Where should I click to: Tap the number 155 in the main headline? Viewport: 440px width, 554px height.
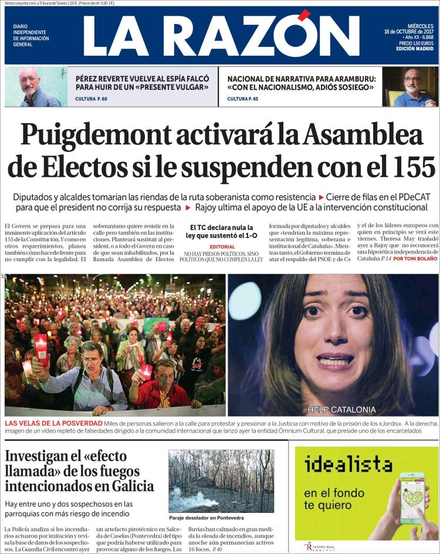[x=405, y=167]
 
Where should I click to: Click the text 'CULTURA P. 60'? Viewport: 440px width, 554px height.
[x=92, y=99]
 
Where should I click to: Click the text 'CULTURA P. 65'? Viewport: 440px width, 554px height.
[x=243, y=99]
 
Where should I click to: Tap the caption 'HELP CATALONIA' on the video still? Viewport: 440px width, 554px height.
[x=341, y=409]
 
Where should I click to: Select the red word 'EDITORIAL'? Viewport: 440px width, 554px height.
[x=222, y=246]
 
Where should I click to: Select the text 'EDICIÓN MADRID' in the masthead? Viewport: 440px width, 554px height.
[x=415, y=49]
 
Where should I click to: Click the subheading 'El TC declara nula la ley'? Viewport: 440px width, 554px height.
[x=222, y=231]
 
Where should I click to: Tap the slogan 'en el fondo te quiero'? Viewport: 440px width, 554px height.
[x=334, y=498]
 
